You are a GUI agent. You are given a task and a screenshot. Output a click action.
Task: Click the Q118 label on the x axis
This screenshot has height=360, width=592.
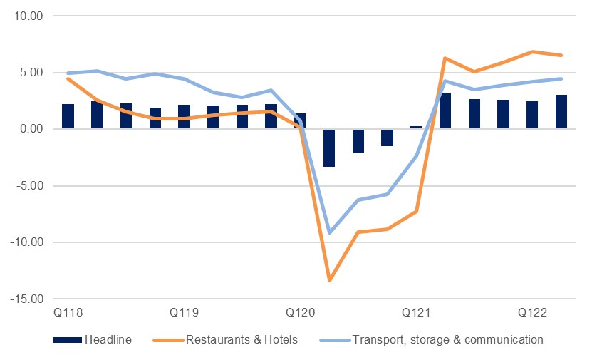click(x=68, y=313)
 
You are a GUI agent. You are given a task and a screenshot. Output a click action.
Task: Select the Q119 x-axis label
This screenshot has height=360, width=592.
click(x=184, y=313)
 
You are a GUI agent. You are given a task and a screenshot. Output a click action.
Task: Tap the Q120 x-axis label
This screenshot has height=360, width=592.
click(x=300, y=313)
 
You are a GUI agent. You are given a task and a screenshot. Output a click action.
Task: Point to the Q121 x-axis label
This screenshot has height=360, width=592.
click(x=416, y=313)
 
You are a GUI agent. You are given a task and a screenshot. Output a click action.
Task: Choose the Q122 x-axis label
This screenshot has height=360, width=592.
click(x=532, y=313)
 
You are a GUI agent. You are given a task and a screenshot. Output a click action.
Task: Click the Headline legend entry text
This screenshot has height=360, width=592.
click(x=108, y=340)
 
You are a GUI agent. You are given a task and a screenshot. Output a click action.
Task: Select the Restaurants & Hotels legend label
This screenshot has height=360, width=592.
click(x=242, y=340)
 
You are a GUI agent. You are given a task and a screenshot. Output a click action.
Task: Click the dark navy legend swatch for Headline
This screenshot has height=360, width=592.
click(x=68, y=340)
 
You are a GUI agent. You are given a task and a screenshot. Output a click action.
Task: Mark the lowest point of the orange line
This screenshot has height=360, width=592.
click(x=329, y=280)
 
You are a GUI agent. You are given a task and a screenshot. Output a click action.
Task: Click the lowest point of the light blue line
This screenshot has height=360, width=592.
click(x=329, y=232)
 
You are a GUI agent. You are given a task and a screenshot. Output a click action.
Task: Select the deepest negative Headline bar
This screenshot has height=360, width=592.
click(x=329, y=148)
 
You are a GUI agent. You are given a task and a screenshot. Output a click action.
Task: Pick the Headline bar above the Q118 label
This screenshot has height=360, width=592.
click(x=68, y=116)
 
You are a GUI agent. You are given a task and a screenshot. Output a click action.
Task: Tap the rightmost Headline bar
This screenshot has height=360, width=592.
click(x=561, y=112)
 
